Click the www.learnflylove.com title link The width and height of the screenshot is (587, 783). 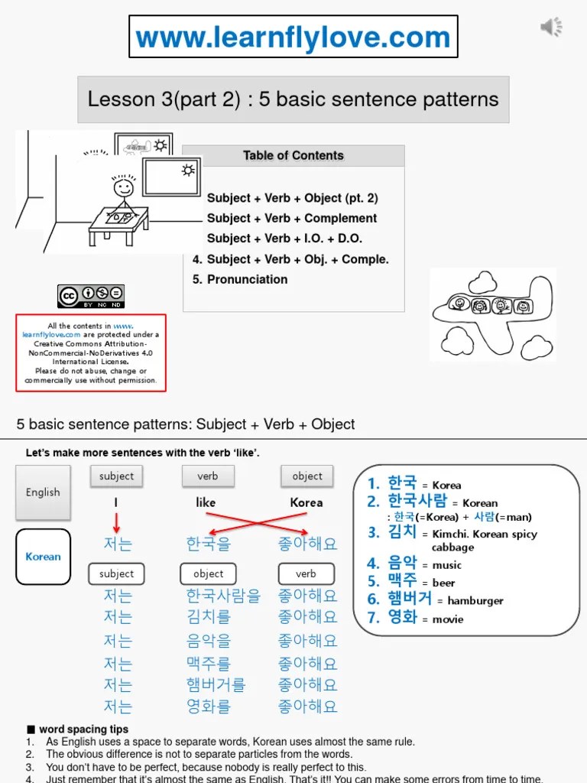(293, 37)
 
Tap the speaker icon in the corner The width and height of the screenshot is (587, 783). (551, 27)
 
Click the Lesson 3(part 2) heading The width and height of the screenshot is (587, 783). (293, 99)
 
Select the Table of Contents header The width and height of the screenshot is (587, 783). (293, 156)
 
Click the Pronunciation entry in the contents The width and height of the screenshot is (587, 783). (240, 280)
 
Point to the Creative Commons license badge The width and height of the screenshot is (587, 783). (90, 296)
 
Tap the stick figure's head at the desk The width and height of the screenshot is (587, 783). (122, 187)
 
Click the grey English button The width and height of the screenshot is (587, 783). (43, 492)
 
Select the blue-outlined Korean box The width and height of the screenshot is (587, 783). (43, 557)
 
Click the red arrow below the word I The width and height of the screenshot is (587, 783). (116, 523)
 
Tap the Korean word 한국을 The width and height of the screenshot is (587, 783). (208, 544)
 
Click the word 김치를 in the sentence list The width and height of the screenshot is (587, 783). (208, 616)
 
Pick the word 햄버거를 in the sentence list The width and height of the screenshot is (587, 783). (216, 684)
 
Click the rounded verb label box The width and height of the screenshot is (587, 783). (306, 573)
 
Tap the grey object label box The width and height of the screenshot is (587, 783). (307, 476)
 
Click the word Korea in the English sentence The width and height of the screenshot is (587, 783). (306, 503)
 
